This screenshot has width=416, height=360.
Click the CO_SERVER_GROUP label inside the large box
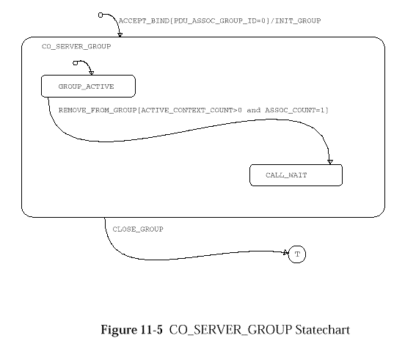pyautogui.click(x=76, y=46)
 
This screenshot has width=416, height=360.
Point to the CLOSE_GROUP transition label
pyautogui.click(x=138, y=229)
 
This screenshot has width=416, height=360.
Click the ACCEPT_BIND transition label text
pyautogui.click(x=219, y=21)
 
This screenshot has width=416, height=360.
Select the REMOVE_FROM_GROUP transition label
pyautogui.click(x=194, y=110)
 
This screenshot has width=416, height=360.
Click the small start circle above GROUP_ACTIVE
pyautogui.click(x=75, y=63)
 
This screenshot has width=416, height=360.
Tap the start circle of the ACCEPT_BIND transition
pyautogui.click(x=101, y=15)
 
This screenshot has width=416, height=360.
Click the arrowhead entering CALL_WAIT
pyautogui.click(x=330, y=162)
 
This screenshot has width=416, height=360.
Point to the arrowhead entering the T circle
pyautogui.click(x=285, y=252)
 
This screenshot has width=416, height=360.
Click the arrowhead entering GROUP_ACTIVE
pyautogui.click(x=92, y=73)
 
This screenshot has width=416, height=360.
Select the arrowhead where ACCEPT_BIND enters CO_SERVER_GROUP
pyautogui.click(x=120, y=34)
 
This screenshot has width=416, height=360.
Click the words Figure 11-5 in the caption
pyautogui.click(x=131, y=330)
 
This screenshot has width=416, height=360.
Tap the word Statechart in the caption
pyautogui.click(x=323, y=330)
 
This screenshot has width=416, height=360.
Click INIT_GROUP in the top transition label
pyautogui.click(x=298, y=21)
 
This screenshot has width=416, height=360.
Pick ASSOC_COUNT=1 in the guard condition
pyautogui.click(x=295, y=110)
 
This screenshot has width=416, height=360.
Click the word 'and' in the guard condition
pyautogui.click(x=254, y=110)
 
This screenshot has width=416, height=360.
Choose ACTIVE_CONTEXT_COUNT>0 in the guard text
pyautogui.click(x=191, y=110)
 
